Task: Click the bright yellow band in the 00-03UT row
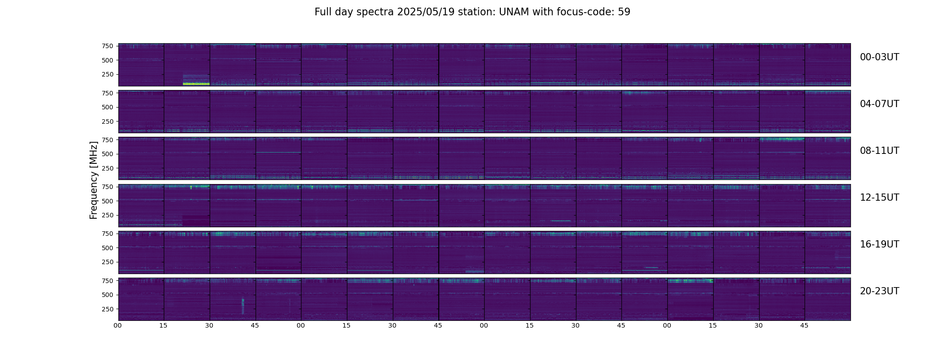pos(196,84)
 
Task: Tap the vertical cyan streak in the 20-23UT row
pos(243,306)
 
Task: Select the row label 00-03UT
pos(879,57)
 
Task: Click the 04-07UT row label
pos(879,104)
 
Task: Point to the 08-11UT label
pos(879,151)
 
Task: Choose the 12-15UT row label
pos(879,198)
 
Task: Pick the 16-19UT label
pos(879,244)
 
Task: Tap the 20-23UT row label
pos(879,291)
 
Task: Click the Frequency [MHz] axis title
pos(94,180)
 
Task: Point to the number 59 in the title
pos(624,12)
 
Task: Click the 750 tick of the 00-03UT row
pos(107,46)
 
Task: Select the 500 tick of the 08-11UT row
pos(107,154)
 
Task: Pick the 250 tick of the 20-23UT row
pos(107,309)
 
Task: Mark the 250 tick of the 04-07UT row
pos(107,121)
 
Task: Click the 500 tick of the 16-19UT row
pos(107,247)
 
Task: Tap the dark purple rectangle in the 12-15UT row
pos(196,220)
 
